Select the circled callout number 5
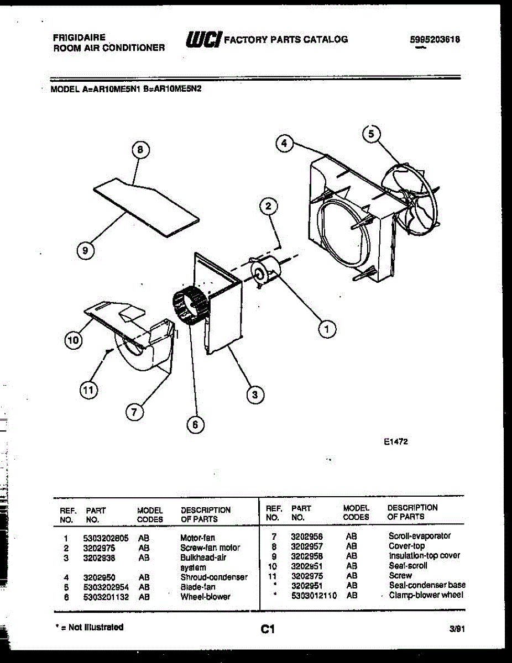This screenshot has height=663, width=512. click(372, 133)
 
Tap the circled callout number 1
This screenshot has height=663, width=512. click(327, 329)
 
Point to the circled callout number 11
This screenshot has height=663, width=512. click(87, 391)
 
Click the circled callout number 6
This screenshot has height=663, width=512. click(194, 424)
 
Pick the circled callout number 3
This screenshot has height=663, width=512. click(254, 394)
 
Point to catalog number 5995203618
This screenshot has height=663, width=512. click(435, 40)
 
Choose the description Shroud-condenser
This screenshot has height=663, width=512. click(214, 577)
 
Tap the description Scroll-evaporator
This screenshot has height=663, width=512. click(420, 536)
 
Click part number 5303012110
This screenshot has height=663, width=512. click(314, 596)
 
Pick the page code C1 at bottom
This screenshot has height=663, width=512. click(268, 629)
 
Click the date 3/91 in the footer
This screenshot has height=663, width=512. click(456, 629)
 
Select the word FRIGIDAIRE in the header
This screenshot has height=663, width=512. click(79, 38)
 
